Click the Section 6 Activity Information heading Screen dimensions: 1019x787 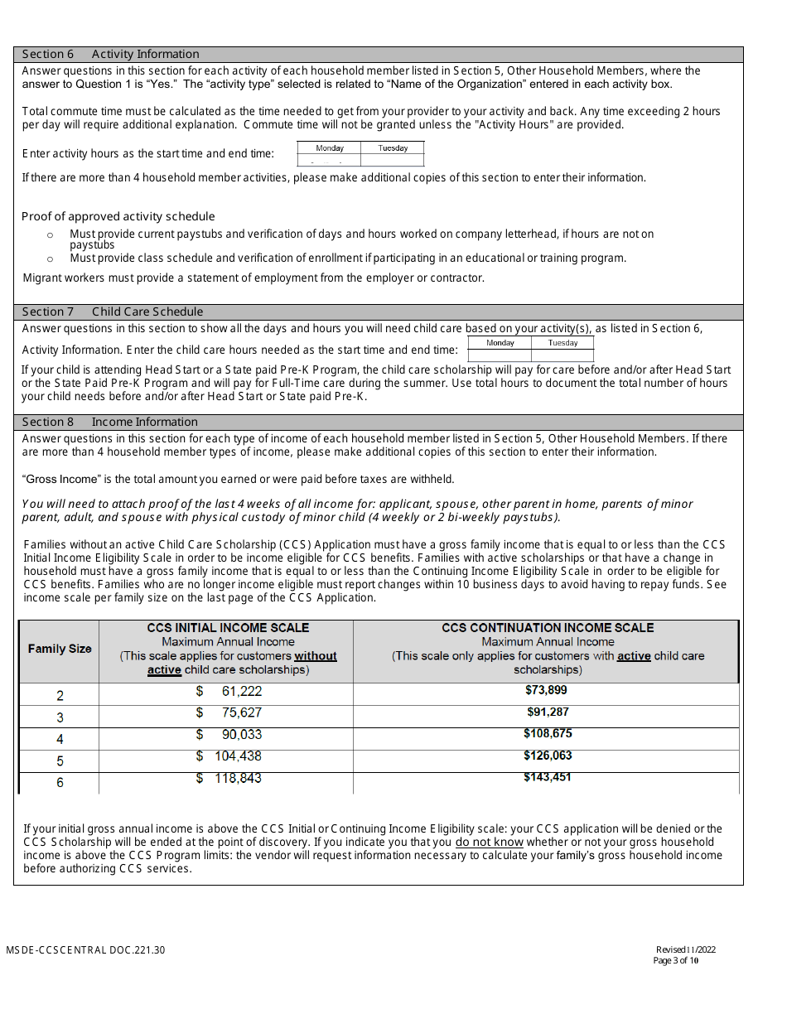(110, 54)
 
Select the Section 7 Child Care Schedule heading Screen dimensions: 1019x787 (112, 311)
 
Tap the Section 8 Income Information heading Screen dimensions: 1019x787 (109, 422)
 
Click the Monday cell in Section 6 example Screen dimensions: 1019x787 (330, 148)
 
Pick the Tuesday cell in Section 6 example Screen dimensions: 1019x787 (393, 148)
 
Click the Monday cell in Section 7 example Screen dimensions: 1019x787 (500, 343)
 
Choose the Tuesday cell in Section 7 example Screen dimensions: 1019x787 (562, 343)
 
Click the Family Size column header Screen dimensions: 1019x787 (60, 649)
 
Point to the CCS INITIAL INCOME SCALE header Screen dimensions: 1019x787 (228, 628)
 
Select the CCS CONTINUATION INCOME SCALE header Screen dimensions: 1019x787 (548, 628)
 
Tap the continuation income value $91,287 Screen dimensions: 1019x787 (548, 712)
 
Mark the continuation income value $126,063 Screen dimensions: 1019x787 (548, 756)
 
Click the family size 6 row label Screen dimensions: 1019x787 (60, 783)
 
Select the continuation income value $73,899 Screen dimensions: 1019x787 (546, 690)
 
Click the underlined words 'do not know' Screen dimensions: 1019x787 (489, 843)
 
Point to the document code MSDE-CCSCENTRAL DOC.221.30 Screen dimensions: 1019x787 (85, 950)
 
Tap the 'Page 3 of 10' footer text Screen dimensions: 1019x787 (676, 961)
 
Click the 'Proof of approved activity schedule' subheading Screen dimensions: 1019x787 (118, 216)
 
